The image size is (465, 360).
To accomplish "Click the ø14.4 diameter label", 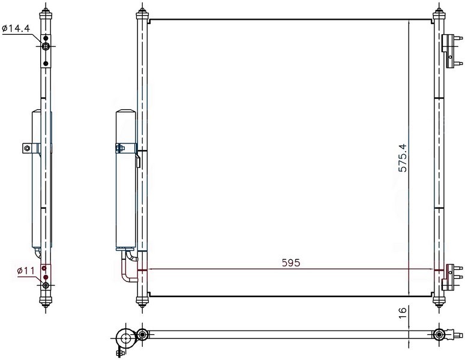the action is click(x=16, y=28).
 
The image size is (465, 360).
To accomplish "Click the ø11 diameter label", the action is click(x=26, y=271).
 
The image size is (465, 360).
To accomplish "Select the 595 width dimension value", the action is click(x=291, y=263).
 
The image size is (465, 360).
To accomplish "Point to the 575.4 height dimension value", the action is click(x=403, y=158).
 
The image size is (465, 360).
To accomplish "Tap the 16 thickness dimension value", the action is click(x=402, y=313).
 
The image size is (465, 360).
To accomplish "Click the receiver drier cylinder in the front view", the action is click(x=126, y=180).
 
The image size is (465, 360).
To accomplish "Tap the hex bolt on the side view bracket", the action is click(x=27, y=148).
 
